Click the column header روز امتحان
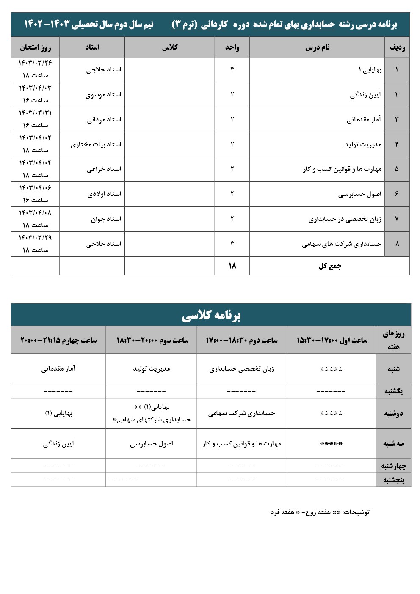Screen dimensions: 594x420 (35, 47)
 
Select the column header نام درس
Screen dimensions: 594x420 (317, 47)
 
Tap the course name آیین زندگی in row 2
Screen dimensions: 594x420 (365, 95)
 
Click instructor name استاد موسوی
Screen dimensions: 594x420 (103, 95)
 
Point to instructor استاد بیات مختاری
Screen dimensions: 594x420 (96, 145)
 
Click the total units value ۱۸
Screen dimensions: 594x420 (232, 266)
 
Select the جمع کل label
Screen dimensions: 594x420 (330, 266)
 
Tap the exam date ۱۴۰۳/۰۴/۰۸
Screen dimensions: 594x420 (35, 213)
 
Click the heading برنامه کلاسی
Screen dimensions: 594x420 (211, 316)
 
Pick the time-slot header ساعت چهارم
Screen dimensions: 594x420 (58, 340)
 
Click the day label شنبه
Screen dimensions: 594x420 (393, 369)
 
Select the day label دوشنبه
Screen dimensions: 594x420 (393, 414)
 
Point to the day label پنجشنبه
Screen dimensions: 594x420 (394, 480)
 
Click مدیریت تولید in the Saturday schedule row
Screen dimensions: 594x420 (152, 369)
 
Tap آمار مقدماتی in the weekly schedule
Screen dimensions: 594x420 (58, 369)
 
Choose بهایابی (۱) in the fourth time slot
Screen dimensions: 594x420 (58, 413)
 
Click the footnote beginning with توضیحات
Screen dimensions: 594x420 (320, 512)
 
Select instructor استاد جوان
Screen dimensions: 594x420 (106, 219)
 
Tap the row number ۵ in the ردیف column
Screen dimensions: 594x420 (397, 169)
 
